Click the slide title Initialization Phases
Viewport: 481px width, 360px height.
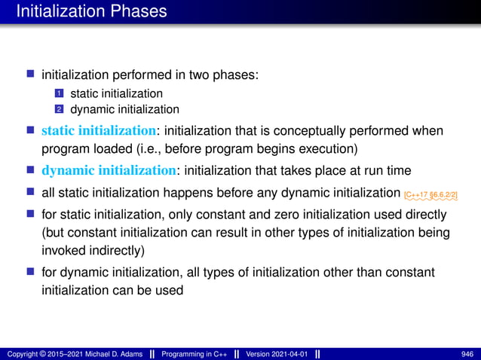tap(91, 12)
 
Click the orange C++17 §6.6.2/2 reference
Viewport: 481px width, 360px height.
tap(430, 195)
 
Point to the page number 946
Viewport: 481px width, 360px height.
tap(467, 354)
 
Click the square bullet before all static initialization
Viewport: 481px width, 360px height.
tap(31, 193)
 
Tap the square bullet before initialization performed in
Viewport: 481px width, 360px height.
tap(31, 75)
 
